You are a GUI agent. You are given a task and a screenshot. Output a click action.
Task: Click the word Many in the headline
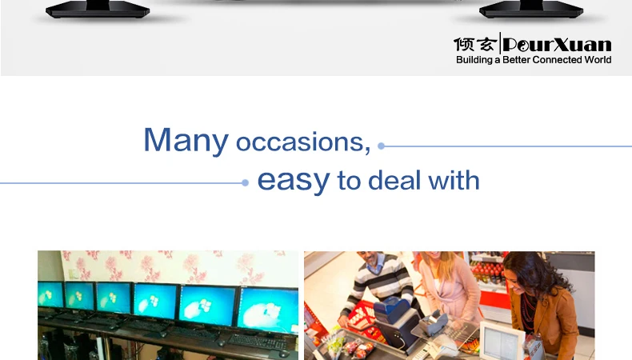pyautogui.click(x=186, y=140)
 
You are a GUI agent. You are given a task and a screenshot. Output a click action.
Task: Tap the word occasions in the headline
pyautogui.click(x=302, y=142)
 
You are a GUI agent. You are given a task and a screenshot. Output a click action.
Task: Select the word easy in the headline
pyautogui.click(x=294, y=180)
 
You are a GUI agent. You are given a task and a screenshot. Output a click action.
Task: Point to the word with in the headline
pyautogui.click(x=454, y=180)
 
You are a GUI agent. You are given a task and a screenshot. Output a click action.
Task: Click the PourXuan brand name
pyautogui.click(x=557, y=44)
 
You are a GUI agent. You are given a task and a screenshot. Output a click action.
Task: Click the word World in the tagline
pyautogui.click(x=596, y=60)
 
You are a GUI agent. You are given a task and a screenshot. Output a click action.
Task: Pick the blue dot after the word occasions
pyautogui.click(x=381, y=146)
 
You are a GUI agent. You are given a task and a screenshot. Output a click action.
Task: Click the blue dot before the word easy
pyautogui.click(x=245, y=183)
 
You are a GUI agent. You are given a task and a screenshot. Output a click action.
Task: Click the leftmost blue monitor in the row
pyautogui.click(x=50, y=295)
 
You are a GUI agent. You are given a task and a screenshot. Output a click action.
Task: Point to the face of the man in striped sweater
pyautogui.click(x=373, y=259)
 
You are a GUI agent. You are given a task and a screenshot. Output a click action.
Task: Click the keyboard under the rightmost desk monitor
pyautogui.click(x=257, y=342)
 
